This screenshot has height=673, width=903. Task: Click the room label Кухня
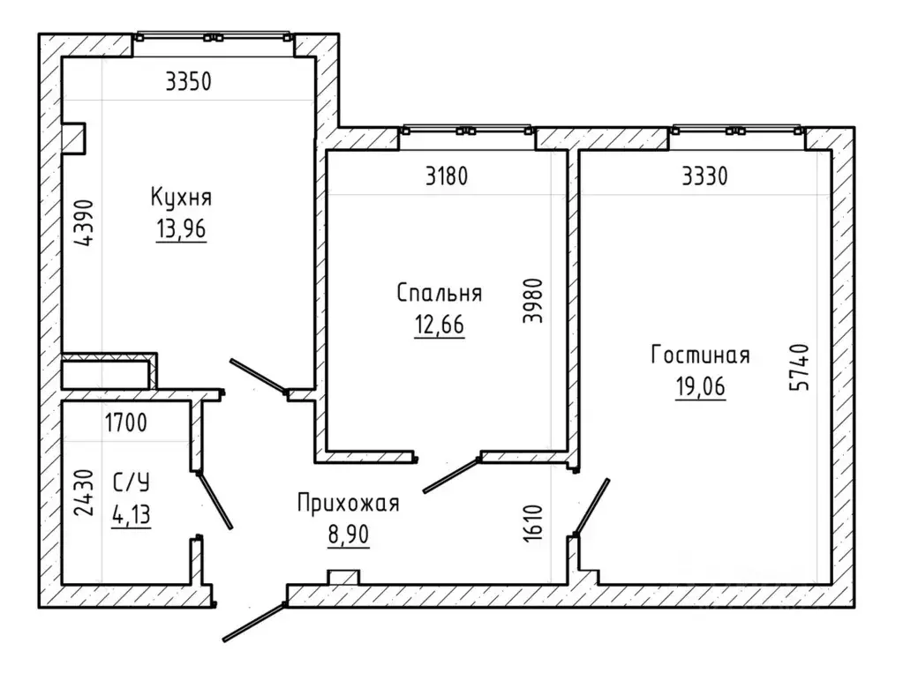pos(181,198)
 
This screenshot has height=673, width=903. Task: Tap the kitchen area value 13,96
pos(181,229)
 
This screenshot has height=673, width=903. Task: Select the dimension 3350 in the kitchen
pos(188,82)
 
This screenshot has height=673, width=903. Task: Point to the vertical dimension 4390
pos(84,223)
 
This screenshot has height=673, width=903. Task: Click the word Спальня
pos(440,293)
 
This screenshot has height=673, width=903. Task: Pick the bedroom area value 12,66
pos(440,325)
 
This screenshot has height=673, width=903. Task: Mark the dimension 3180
pos(447,176)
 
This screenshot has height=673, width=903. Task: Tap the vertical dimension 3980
pos(532,301)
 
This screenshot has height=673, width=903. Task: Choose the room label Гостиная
pos(700,355)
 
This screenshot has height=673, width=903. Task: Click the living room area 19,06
pos(700,387)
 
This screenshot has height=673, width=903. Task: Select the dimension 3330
pos(704,176)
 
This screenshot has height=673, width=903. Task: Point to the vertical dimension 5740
pos(800,367)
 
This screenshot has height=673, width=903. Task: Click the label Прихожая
pos(349,503)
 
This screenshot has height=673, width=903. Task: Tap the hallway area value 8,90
pos(349,535)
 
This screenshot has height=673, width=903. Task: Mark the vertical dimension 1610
pos(534,523)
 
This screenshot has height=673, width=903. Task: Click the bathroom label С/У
pos(132,482)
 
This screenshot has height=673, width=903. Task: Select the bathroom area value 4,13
pos(132,515)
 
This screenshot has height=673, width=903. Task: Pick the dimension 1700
pos(126,423)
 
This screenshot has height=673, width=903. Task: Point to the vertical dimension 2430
pos(85,493)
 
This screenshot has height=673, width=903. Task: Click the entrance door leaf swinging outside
pos(254,622)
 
